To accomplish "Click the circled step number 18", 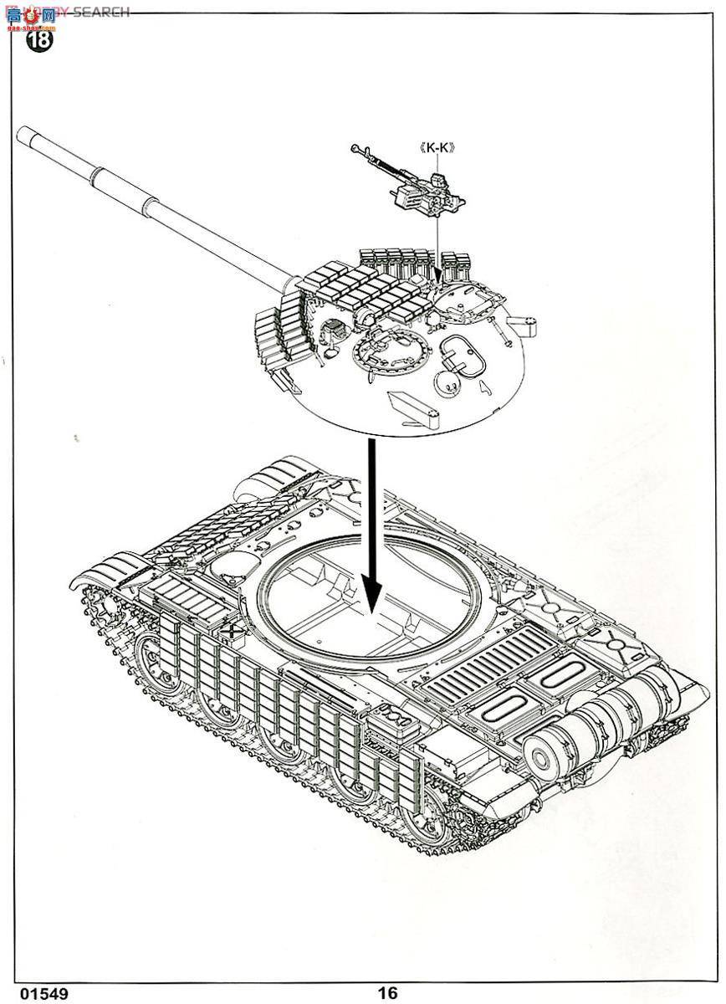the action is (39, 39).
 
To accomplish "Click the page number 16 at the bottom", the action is (386, 992).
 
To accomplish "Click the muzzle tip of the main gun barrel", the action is (23, 131).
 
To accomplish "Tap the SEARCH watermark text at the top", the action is (100, 12).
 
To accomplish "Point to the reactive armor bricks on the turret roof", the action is (368, 289).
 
